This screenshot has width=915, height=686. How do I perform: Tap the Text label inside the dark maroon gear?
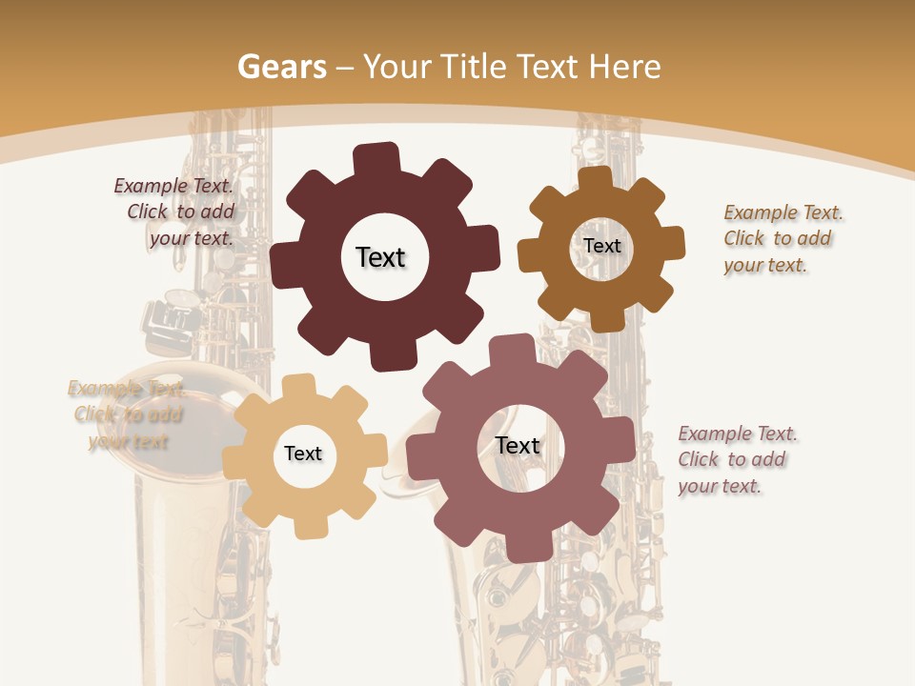tap(380, 257)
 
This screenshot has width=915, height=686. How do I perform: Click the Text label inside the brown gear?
tap(601, 246)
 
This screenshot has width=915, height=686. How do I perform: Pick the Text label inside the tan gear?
tap(303, 454)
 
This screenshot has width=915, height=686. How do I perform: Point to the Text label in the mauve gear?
tap(518, 446)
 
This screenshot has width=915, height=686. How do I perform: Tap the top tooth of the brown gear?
tap(595, 179)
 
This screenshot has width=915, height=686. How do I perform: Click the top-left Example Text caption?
tap(177, 212)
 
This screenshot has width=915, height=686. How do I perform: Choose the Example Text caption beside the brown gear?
tap(782, 238)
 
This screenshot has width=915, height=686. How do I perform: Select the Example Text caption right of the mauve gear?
tap(736, 459)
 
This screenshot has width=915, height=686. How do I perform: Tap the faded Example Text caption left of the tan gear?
tap(127, 414)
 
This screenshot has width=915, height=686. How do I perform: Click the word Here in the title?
tap(624, 67)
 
